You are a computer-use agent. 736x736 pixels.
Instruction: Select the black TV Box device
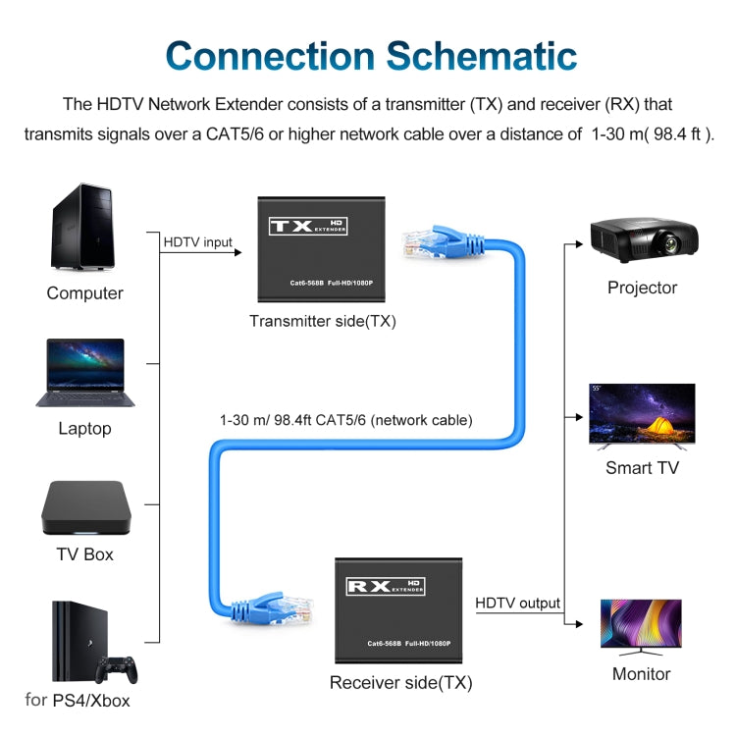[x=84, y=507]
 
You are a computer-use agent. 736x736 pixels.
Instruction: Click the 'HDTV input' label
[x=198, y=241]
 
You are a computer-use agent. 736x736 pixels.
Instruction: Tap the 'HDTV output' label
[x=517, y=603]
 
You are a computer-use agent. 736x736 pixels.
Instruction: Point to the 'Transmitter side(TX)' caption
[x=322, y=321]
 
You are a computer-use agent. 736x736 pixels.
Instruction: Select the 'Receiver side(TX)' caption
[x=400, y=682]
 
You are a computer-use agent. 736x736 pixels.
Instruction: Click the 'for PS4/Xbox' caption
[x=78, y=701]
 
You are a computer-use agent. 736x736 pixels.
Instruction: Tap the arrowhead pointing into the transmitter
[x=237, y=253]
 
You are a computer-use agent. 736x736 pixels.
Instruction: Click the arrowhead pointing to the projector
[x=580, y=242]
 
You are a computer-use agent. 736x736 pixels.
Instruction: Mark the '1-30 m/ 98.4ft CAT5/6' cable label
[x=345, y=420]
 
